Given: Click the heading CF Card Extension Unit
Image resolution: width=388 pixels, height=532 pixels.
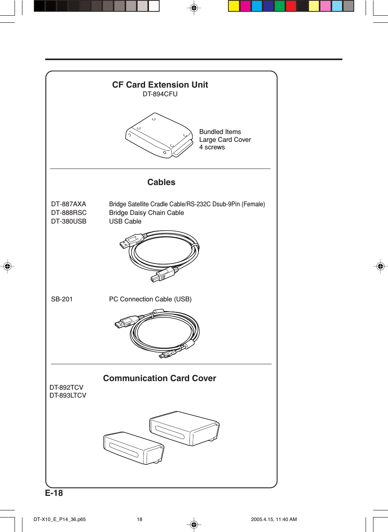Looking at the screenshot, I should tap(160, 85).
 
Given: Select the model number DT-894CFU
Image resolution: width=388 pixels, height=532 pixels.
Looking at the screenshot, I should tap(160, 94).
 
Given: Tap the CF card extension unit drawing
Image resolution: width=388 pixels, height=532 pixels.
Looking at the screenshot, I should tap(159, 136).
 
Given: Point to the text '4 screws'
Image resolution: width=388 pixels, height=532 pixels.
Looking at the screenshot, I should tap(212, 147).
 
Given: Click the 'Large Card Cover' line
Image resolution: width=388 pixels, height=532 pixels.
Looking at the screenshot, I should tap(225, 140).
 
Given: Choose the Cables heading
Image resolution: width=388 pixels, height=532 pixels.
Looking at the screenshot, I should tap(161, 182).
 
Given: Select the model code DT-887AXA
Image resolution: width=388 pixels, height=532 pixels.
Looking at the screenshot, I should tap(68, 204).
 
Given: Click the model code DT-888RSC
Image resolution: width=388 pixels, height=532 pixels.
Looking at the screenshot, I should tap(69, 213).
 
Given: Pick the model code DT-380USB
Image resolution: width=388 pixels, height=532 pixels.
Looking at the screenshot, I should tap(69, 222).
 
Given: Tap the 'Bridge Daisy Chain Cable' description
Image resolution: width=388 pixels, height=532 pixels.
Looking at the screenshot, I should tap(146, 213).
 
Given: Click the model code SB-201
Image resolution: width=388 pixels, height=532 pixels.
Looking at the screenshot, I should tap(62, 299).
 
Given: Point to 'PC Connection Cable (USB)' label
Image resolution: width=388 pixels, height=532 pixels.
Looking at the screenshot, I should tap(150, 299).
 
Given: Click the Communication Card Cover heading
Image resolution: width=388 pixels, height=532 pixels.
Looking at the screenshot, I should tap(160, 378).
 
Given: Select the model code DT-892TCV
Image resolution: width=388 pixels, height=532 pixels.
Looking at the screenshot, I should tap(66, 388).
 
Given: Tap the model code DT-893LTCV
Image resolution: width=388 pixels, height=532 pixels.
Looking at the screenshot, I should tap(68, 396).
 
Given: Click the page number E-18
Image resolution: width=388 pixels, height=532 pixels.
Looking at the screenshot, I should tap(54, 493).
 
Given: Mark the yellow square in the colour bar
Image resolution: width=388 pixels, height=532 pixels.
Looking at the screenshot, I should tap(234, 6).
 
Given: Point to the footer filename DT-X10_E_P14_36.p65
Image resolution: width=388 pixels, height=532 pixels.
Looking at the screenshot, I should tap(60, 519).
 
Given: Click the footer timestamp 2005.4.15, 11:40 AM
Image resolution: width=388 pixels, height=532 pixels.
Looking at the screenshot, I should tap(274, 519).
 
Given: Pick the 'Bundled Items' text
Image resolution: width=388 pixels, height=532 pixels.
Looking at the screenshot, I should tap(220, 132).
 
